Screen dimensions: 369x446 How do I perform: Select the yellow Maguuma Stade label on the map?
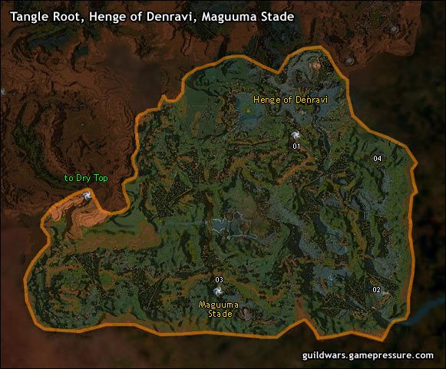point(219,308)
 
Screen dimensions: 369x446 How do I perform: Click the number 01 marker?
point(296,145)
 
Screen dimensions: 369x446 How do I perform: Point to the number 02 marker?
point(376,290)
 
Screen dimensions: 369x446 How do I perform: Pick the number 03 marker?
point(219,279)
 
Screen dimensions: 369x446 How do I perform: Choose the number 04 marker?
point(377,158)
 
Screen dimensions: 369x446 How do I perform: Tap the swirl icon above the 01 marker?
point(296,131)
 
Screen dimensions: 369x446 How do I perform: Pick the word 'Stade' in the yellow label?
point(219,314)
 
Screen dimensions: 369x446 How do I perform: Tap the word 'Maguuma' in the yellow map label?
point(219,305)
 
